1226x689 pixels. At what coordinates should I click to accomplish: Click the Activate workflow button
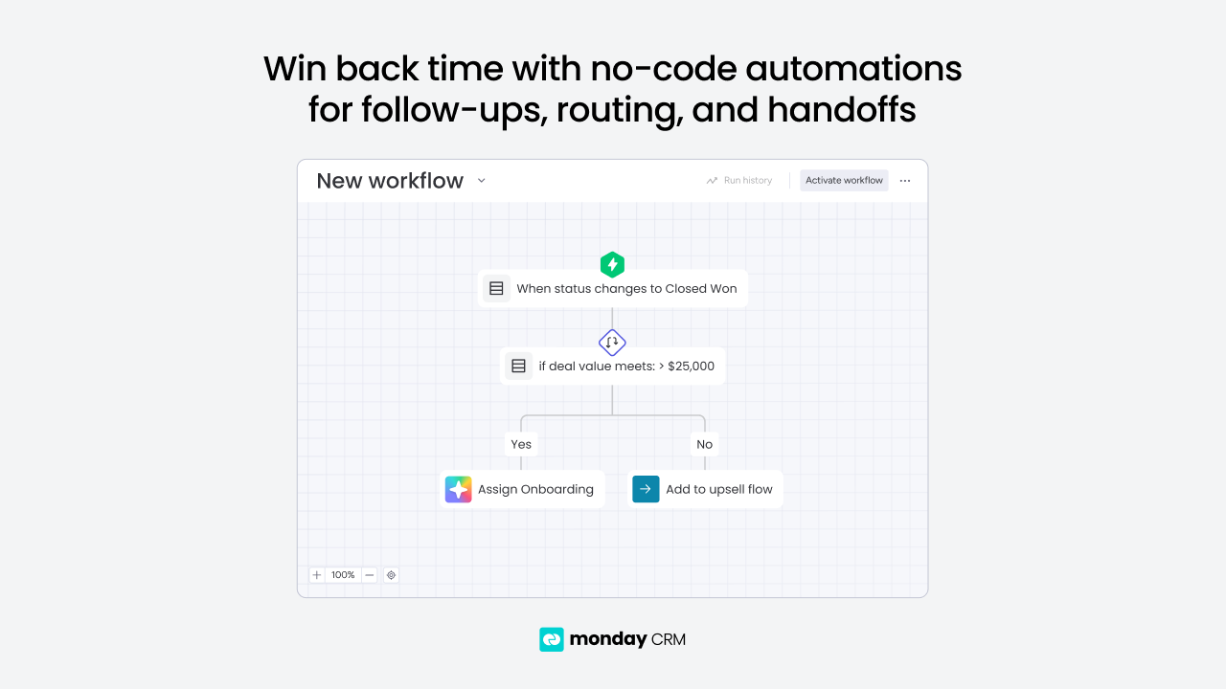844,181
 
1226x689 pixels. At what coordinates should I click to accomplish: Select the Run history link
738,181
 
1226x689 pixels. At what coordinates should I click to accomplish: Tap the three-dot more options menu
905,181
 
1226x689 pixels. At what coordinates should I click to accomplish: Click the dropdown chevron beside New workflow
481,181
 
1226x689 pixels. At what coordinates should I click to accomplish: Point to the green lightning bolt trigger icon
612,265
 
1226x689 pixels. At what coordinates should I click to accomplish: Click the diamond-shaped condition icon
612,343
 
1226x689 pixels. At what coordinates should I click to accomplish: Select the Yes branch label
521,444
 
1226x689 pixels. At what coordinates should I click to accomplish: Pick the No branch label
704,444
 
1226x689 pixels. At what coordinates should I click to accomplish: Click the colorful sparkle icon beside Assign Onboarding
459,489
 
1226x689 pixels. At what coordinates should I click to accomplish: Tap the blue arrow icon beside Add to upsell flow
646,489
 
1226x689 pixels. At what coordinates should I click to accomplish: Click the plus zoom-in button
317,575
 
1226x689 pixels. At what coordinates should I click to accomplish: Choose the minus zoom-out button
370,575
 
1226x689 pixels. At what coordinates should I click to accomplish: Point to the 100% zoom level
343,575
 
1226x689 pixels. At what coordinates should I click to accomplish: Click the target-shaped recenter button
392,575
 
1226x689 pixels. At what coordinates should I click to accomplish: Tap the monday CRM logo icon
552,639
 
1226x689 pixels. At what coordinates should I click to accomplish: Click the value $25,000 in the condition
691,367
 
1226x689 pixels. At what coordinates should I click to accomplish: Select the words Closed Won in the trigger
700,289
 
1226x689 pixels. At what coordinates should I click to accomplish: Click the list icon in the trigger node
496,289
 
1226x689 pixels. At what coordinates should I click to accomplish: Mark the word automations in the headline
853,69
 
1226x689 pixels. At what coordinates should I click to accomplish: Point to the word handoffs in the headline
842,109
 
